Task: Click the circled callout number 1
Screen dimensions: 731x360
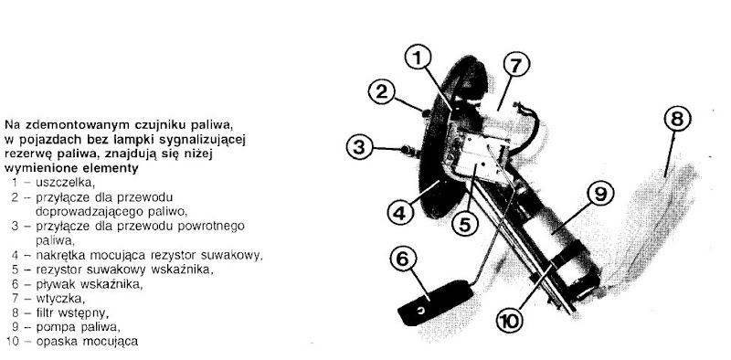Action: pos(418,58)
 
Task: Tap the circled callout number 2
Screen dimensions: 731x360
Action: pos(381,92)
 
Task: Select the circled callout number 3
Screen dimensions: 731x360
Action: pos(359,148)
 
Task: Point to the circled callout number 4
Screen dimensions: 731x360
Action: pos(400,213)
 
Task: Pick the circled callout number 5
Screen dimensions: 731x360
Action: pos(466,224)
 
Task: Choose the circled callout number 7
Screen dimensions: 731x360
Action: pos(515,66)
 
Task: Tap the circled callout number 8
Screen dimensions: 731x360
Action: pos(677,120)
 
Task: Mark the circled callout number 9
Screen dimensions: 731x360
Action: pos(600,195)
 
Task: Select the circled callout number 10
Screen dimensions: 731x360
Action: pos(510,322)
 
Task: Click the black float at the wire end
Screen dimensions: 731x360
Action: pos(435,302)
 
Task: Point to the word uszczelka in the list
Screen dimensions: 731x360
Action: pos(66,183)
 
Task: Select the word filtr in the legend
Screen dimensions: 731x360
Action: pos(44,312)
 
